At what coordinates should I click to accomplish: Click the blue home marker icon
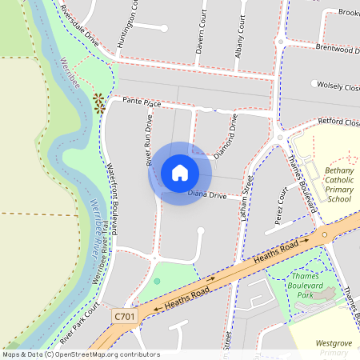180,172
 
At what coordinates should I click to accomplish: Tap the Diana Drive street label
208,194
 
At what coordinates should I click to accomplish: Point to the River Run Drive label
149,139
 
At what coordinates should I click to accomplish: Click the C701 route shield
125,317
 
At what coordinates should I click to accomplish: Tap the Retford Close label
339,122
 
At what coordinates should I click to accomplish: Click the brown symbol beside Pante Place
99,102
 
